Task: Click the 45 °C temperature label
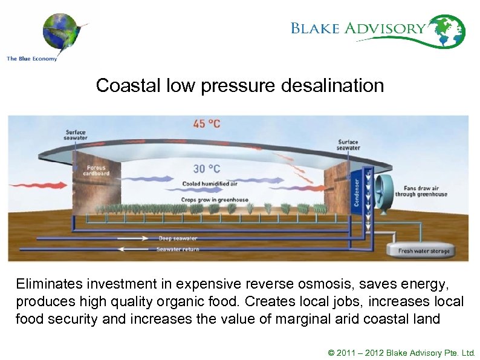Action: (x=207, y=124)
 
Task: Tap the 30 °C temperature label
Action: (x=206, y=169)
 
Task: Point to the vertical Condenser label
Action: (x=357, y=191)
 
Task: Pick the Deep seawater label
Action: (x=178, y=238)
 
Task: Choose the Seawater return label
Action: (x=177, y=249)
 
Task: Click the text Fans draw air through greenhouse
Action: (x=421, y=191)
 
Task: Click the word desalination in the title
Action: (x=332, y=85)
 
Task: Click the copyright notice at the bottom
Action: (x=401, y=352)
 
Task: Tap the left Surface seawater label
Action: (x=76, y=135)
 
